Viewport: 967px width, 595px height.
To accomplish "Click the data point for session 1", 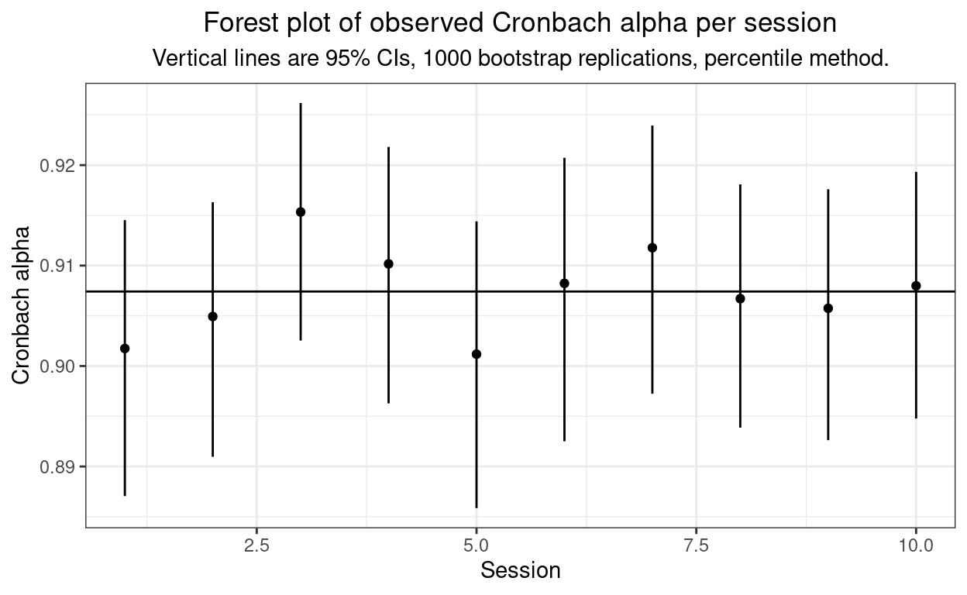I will click(125, 349).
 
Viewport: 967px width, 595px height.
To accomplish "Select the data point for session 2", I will click(213, 316).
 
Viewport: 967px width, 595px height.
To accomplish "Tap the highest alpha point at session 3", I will click(301, 212).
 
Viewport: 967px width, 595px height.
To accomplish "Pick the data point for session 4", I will click(389, 263).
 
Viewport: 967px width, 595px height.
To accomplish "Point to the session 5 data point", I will click(477, 354).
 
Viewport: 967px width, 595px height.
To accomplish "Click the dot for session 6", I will click(564, 284).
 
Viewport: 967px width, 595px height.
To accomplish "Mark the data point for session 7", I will click(652, 248).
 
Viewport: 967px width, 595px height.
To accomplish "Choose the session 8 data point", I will click(740, 298).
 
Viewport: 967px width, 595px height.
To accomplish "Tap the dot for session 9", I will click(828, 308).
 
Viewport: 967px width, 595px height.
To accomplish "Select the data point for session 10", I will click(916, 285).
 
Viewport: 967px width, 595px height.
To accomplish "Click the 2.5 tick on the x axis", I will click(256, 545).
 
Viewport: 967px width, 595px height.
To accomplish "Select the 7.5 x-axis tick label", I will click(696, 545).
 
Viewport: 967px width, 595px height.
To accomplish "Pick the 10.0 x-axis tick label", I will click(916, 545).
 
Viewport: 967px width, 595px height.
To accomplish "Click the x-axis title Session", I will click(520, 571).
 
